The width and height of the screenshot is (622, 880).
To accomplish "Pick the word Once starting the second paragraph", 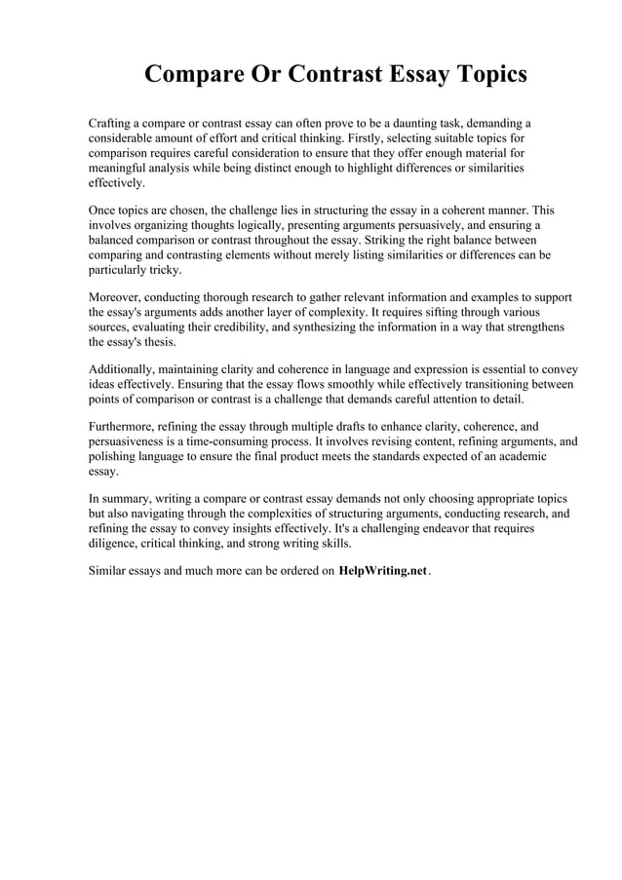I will coord(104,210).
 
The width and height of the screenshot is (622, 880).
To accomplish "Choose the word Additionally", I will coord(126,370).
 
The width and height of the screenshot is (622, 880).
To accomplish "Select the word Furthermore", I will coord(126,427).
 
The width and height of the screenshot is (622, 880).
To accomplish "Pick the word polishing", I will coord(114,456).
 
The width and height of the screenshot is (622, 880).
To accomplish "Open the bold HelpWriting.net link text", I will coord(382,571).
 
